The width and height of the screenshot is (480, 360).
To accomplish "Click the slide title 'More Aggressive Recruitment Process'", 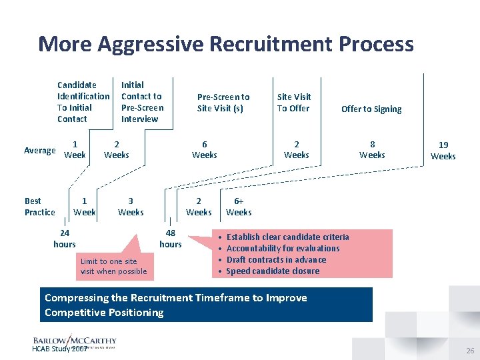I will point(225,44).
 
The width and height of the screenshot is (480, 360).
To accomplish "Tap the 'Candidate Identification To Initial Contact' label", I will point(83,101).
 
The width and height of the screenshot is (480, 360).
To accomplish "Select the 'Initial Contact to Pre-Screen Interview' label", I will point(141,101).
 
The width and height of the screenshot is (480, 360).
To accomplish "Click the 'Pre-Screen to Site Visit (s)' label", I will point(223,102).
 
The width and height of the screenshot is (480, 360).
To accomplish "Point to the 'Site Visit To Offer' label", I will point(294,102).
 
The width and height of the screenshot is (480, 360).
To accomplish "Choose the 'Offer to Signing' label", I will point(371,109).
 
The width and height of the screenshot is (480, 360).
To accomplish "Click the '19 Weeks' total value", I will point(443,150).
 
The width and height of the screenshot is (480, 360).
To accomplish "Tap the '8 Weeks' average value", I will point(372,149).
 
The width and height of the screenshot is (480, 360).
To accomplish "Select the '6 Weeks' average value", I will point(204,149).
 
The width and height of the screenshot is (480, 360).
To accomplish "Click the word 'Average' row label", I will point(40,151).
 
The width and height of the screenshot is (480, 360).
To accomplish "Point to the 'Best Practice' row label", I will point(39,207).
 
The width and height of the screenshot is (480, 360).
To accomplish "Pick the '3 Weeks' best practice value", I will point(131,207).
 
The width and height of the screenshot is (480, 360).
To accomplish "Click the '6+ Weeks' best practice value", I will point(239,207).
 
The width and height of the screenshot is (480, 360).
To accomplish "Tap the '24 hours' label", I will point(65,239).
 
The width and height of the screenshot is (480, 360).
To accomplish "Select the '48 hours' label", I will point(171,239).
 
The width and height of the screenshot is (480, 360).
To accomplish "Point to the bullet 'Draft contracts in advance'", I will point(276,260).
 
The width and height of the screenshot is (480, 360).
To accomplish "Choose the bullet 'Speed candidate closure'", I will point(273,271).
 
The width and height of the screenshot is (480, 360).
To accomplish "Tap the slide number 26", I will point(470,350).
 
